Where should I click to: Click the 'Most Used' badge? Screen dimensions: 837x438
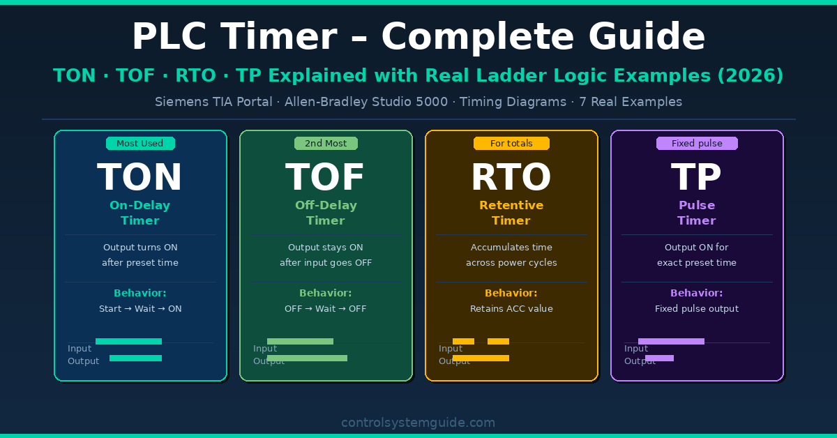pos(140,144)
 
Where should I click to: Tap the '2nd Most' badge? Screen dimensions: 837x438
pos(326,144)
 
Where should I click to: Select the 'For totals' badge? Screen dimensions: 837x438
pos(511,144)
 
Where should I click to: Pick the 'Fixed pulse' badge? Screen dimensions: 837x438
pos(697,144)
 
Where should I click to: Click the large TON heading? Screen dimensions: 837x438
pos(139,176)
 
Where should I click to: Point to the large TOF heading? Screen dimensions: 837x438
pos(325,176)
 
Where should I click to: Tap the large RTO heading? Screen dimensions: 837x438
pos(511,176)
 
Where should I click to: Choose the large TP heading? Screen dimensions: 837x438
pos(696,176)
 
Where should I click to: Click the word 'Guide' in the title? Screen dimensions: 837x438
pos(647,36)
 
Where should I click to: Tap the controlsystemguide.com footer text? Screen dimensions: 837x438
pos(418,423)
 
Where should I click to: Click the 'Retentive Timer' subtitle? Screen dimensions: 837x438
pos(511,213)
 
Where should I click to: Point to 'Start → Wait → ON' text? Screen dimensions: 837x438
pos(140,309)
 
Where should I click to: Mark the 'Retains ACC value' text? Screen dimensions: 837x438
pos(511,309)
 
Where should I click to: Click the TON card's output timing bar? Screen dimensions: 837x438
pos(135,358)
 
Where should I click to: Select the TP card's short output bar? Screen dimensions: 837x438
pos(660,358)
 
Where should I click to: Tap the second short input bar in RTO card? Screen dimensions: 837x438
pos(498,341)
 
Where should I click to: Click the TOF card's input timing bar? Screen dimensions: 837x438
pos(300,341)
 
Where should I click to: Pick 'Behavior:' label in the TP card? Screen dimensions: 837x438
pos(697,293)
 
